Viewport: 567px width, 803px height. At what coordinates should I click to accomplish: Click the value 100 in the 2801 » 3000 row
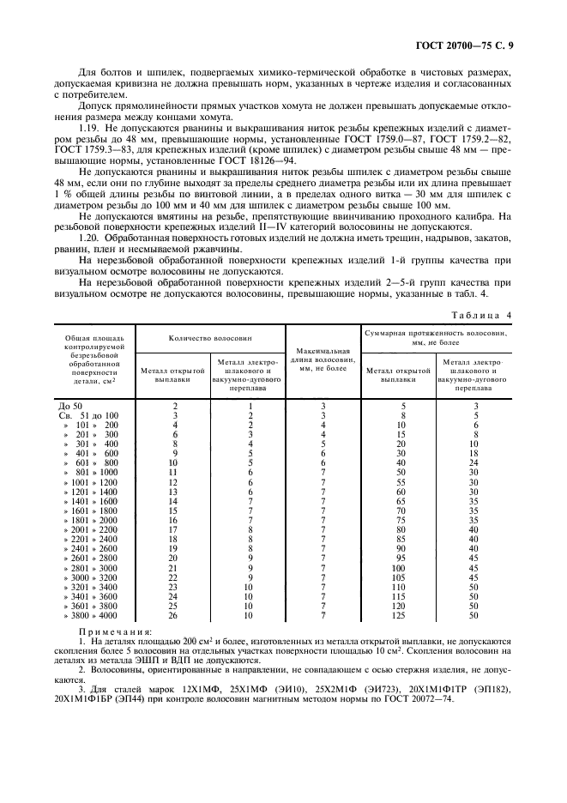399,568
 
